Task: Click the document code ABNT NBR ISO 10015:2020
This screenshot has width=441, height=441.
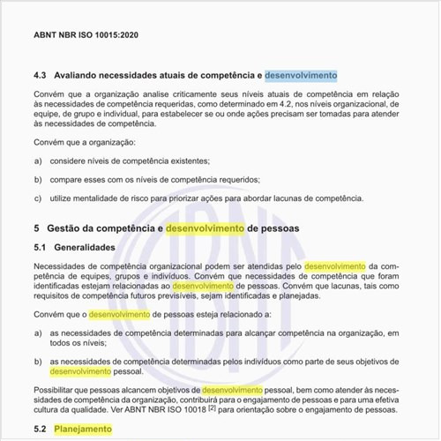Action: (x=86, y=37)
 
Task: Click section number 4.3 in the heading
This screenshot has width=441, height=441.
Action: (x=40, y=76)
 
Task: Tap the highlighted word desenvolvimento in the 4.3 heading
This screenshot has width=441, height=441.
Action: (x=301, y=76)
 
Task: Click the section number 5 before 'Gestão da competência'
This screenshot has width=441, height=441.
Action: (x=35, y=228)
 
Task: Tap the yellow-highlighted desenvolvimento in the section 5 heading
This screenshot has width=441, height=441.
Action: (x=205, y=228)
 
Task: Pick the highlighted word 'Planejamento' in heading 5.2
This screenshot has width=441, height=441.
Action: (x=84, y=429)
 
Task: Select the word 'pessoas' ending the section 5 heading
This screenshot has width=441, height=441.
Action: (x=279, y=228)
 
